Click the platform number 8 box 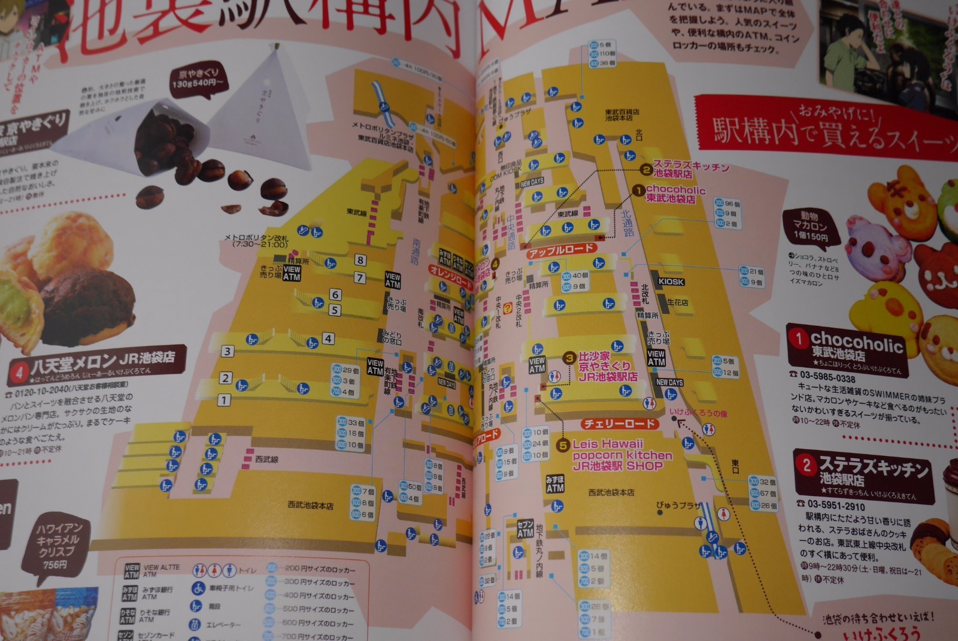pos(360,260)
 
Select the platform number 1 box pos(224,400)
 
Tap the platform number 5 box pos(335,310)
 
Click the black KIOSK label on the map pos(671,282)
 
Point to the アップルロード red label pos(560,250)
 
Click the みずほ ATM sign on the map pos(554,484)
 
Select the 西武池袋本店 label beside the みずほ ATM pos(611,492)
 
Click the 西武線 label pos(266,459)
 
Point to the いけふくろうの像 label pos(698,413)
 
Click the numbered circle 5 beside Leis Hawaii pos(563,445)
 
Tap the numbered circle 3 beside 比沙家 pos(569,358)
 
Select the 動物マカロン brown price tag pos(810,226)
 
